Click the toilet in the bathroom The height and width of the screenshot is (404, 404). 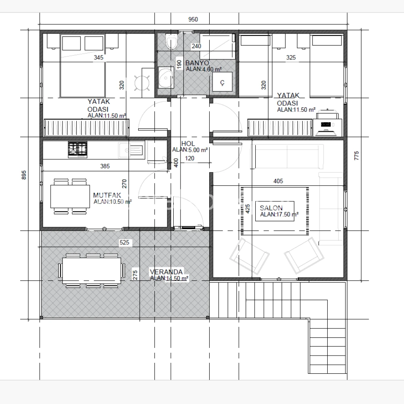click(x=171, y=41)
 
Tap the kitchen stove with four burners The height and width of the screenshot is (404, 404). click(x=78, y=149)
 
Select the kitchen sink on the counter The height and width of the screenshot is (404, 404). click(x=131, y=150)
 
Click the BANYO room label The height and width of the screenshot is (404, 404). click(x=197, y=63)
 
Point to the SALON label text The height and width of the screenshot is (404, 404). click(x=271, y=208)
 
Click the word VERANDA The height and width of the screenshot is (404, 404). click(x=166, y=272)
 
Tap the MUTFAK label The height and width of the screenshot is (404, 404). click(x=107, y=195)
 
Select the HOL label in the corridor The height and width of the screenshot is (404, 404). click(x=188, y=144)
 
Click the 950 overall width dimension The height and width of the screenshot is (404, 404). click(x=193, y=19)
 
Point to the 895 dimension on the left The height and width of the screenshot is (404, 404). click(x=24, y=175)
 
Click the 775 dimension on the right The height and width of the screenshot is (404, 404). click(x=356, y=156)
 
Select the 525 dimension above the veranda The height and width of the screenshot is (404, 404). click(x=124, y=243)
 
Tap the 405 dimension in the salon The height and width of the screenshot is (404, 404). click(x=278, y=181)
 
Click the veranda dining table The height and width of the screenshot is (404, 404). click(x=92, y=270)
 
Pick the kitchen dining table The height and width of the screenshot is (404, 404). click(x=70, y=196)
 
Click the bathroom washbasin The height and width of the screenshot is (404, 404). click(x=165, y=77)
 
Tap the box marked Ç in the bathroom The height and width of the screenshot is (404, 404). click(x=222, y=82)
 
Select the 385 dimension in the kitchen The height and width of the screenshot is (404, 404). click(x=105, y=166)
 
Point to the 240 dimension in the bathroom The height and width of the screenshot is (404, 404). click(x=196, y=46)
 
